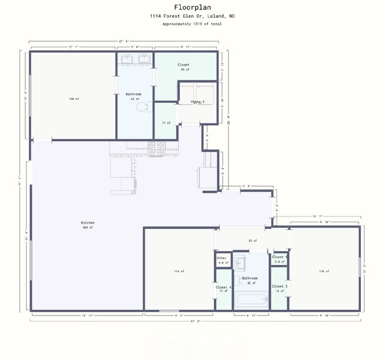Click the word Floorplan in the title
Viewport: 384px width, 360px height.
tap(191, 8)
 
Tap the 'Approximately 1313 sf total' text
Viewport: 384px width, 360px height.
tap(191, 24)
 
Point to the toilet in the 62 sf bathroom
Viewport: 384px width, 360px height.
tap(141, 107)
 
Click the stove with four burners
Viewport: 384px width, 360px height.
tap(156, 148)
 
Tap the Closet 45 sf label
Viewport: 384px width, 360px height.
tap(183, 67)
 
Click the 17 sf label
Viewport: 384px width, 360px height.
tap(166, 123)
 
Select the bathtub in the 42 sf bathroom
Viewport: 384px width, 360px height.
tap(252, 301)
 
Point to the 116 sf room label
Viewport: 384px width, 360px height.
tap(179, 271)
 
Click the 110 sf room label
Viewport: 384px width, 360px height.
tap(324, 271)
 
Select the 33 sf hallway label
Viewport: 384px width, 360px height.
tap(252, 241)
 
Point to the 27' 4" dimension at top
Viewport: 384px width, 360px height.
tap(124, 41)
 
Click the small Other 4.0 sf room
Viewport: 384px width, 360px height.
tap(222, 260)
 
